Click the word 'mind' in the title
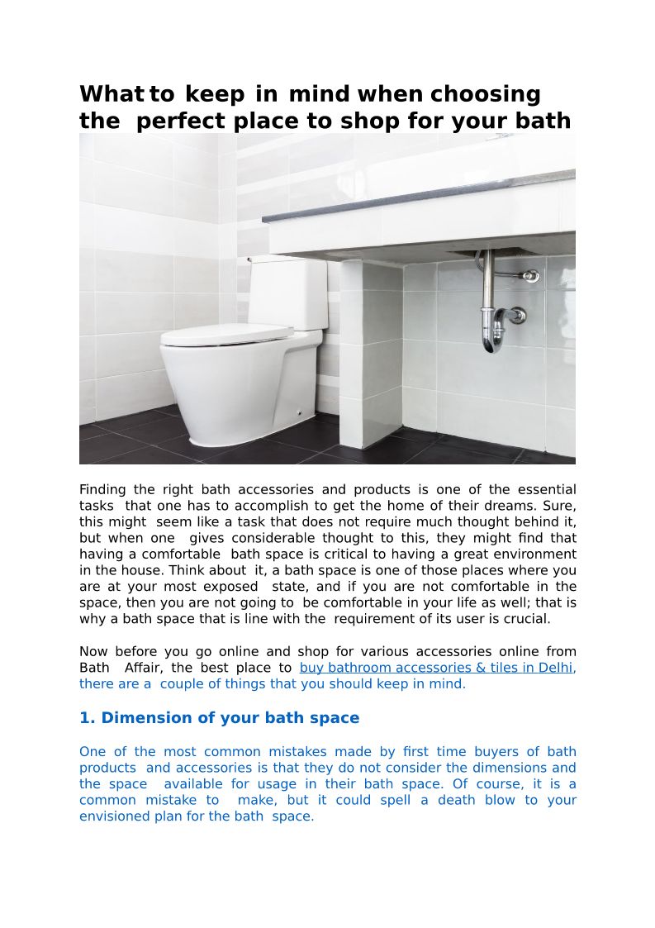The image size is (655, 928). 320,94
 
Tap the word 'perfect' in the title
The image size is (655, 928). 181,121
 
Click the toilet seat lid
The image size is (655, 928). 226,335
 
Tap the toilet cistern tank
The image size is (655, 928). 288,293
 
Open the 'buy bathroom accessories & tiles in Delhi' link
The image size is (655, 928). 437,668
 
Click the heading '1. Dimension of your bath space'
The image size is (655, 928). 219,718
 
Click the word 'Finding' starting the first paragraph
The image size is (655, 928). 103,490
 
